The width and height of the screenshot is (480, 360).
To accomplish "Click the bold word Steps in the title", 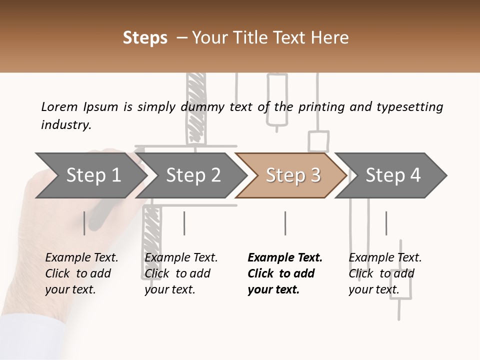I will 145,38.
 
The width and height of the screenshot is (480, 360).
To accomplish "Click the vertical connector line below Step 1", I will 84,223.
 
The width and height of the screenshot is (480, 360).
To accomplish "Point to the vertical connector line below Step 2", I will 184,223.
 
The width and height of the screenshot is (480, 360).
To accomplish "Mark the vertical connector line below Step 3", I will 285,223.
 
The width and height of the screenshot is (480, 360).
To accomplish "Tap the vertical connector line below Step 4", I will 386,223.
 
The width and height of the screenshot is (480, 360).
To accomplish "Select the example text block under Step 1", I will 81,273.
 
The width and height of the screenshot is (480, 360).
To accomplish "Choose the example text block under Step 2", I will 181,273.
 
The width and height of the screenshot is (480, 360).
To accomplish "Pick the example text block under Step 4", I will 385,273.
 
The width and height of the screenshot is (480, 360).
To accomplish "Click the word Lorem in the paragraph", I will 59,106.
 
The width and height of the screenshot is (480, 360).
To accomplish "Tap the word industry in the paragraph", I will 65,125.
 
